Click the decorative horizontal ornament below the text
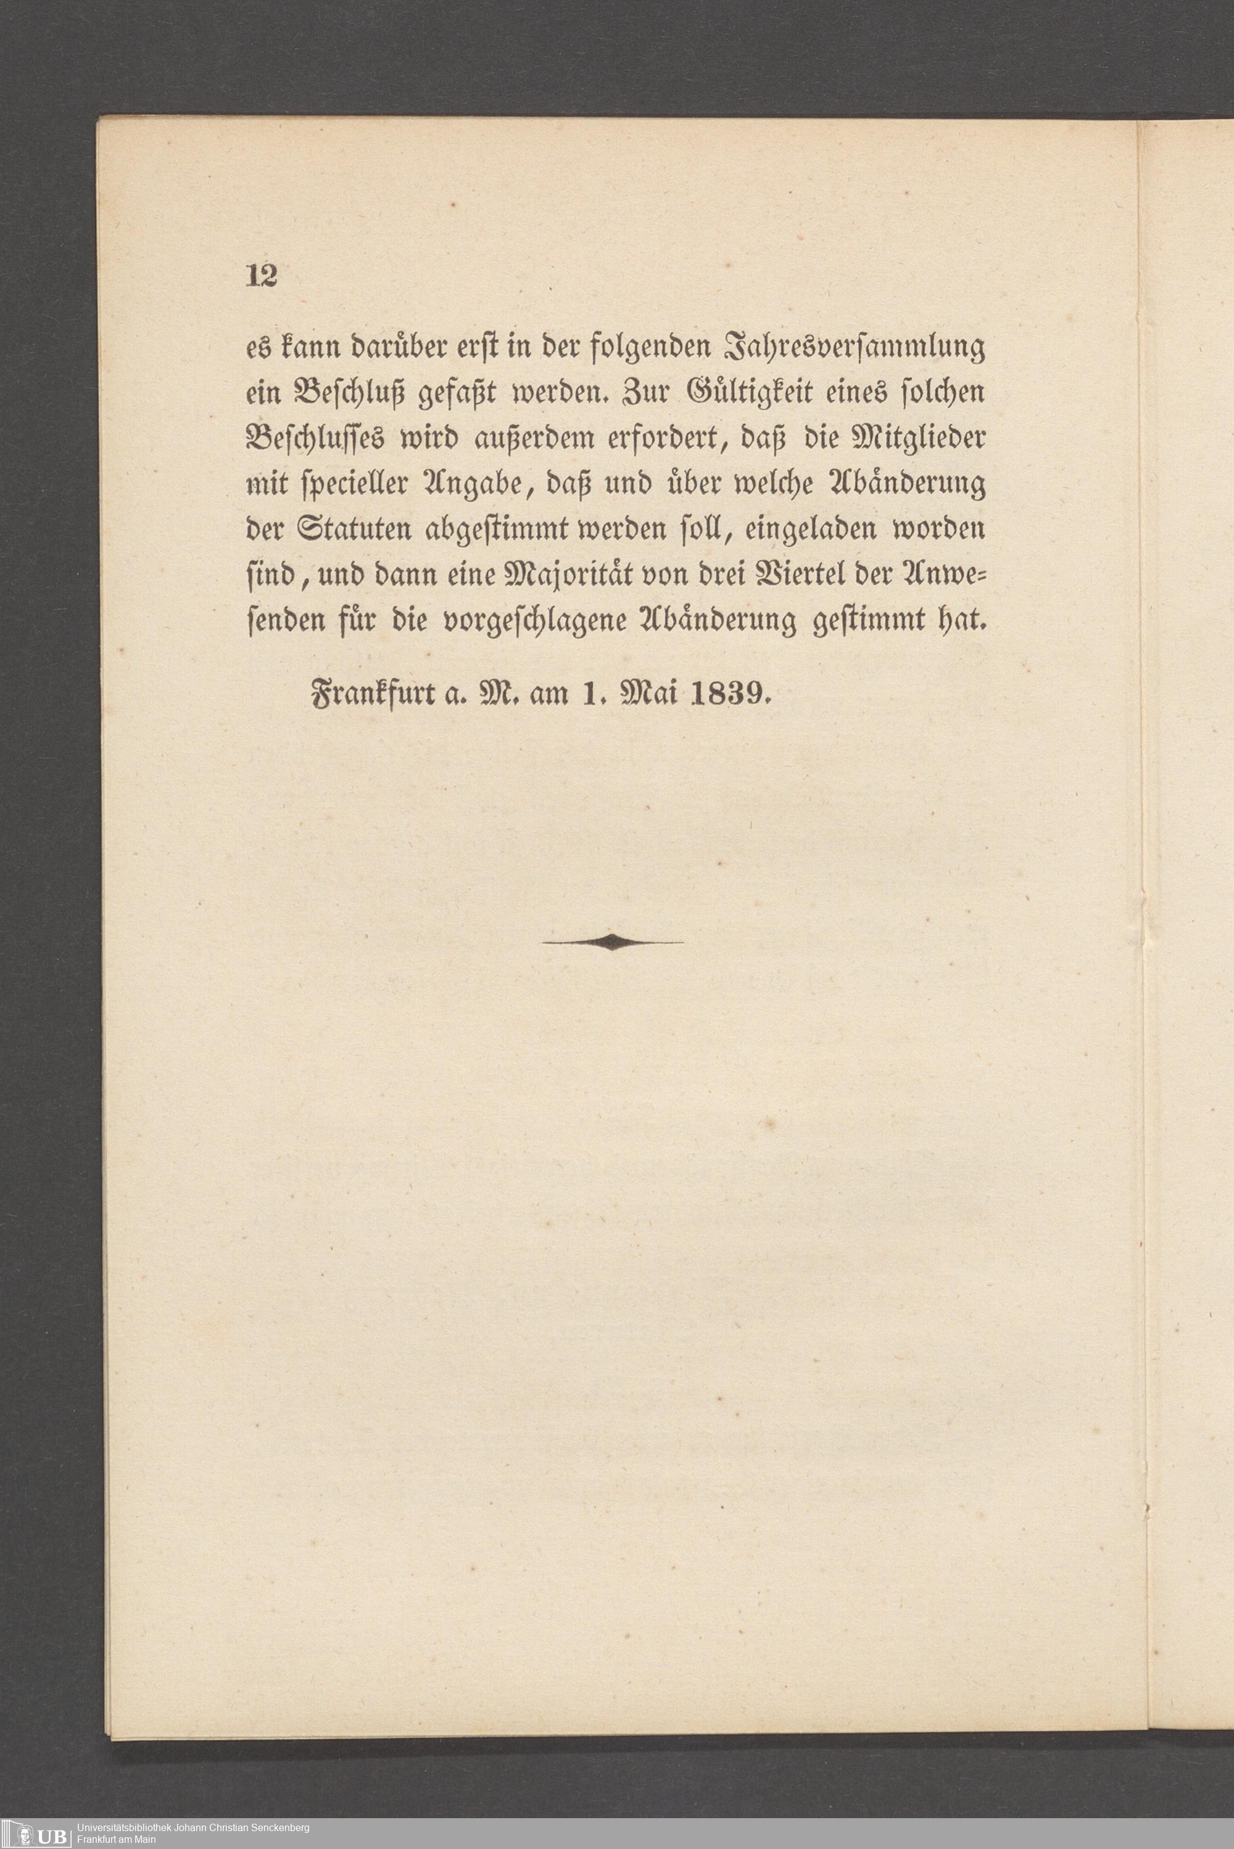[613, 941]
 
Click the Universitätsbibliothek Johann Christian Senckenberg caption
[192, 1828]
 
